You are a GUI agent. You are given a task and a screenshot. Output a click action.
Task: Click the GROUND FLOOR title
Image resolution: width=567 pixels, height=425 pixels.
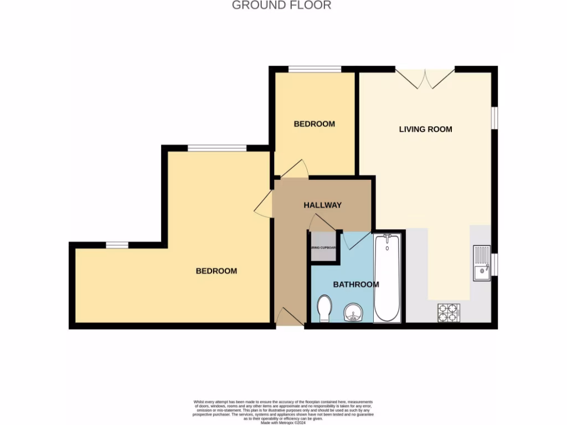tap(281, 6)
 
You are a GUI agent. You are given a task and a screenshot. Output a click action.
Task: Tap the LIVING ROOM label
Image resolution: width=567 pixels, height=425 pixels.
tap(425, 129)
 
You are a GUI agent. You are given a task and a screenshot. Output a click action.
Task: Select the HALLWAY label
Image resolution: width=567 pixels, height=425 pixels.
tap(322, 205)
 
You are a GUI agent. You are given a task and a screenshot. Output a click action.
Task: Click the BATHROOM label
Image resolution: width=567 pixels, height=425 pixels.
tap(355, 284)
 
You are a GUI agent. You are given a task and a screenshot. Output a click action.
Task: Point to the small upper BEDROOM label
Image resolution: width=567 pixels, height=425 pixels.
tap(314, 124)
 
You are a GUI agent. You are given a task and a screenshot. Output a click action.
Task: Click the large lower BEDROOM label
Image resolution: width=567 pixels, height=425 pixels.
tap(216, 271)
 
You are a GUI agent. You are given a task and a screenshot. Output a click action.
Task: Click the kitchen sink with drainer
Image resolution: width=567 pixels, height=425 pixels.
tap(481, 263)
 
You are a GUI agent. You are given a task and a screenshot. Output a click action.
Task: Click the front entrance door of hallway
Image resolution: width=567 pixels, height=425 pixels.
tap(289, 318)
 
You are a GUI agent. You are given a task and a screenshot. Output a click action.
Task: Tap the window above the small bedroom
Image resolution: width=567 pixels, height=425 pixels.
tap(315, 69)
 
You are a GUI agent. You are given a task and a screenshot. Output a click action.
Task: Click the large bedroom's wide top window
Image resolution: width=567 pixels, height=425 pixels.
tap(217, 148)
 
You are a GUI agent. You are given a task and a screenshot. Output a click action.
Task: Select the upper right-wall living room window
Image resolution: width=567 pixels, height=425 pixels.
tap(494, 119)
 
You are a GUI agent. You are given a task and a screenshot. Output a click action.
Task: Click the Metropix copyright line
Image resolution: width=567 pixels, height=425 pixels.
tap(283, 422)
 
